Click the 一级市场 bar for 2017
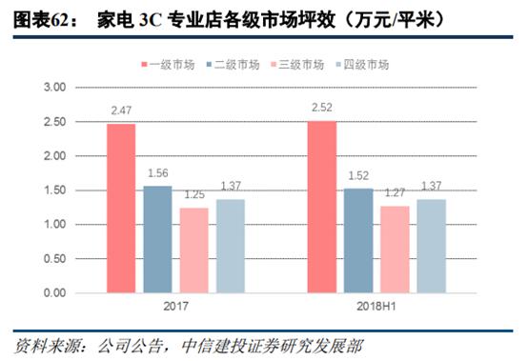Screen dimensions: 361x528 click(x=120, y=208)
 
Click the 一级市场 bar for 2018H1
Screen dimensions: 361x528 click(x=322, y=206)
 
